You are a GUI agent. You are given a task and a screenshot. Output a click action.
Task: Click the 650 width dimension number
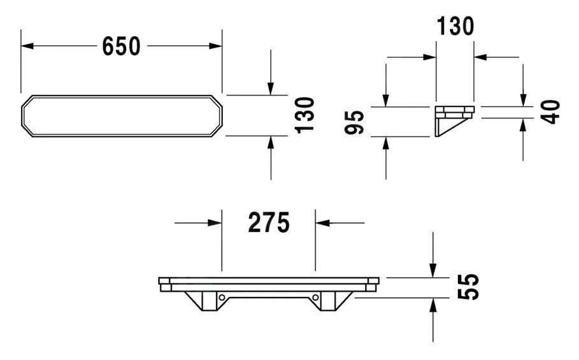pyautogui.click(x=121, y=46)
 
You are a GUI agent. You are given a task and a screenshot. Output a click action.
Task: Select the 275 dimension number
pyautogui.click(x=269, y=222)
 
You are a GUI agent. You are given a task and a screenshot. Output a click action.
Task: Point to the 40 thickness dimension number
pyautogui.click(x=550, y=112)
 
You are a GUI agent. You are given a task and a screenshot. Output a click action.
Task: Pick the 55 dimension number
pyautogui.click(x=468, y=287)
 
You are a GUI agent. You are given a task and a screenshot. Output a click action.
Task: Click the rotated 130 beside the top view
pyautogui.click(x=304, y=115)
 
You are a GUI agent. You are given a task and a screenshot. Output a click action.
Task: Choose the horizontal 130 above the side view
pyautogui.click(x=455, y=26)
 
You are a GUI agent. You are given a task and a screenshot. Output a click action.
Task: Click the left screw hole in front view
pyautogui.click(x=222, y=297)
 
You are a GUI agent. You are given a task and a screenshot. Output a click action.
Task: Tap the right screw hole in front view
pyautogui.click(x=315, y=297)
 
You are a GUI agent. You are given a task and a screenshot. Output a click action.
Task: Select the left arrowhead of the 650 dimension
pyautogui.click(x=27, y=46)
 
